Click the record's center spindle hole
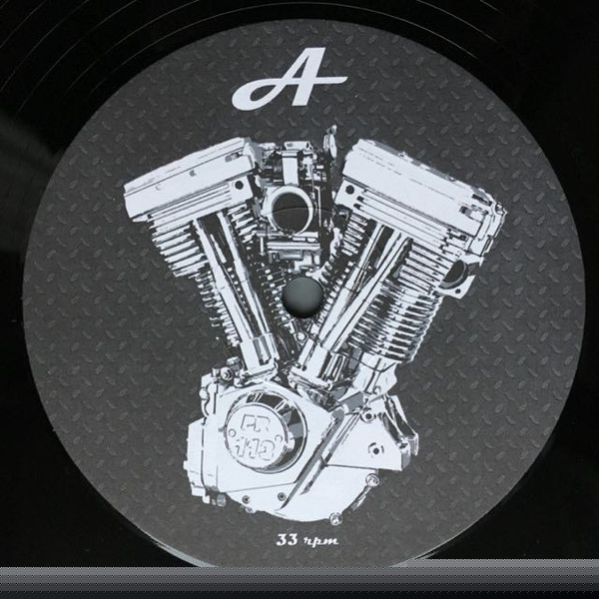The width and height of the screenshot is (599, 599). (302, 297)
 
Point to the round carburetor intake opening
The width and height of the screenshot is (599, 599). (291, 211)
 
